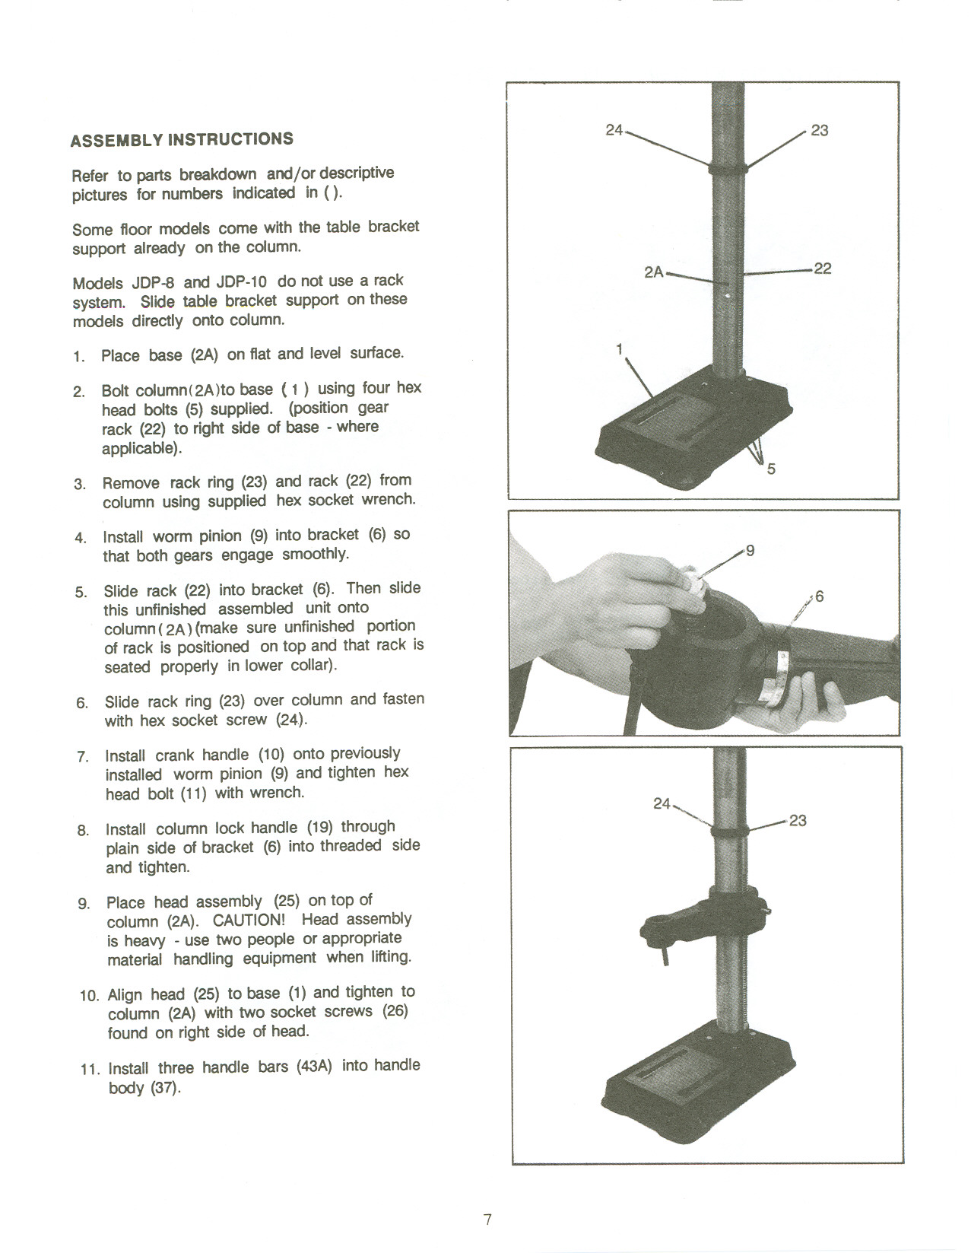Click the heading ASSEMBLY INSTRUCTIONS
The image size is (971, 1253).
[181, 139]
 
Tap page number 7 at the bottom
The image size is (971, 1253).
[487, 1220]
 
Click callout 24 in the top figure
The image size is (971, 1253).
[614, 130]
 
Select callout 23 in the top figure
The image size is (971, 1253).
[819, 130]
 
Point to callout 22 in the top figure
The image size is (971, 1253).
[822, 269]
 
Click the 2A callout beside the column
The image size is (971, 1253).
[654, 272]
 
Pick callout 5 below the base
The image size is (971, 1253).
[771, 469]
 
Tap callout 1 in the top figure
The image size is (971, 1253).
[620, 348]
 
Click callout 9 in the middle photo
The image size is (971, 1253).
[750, 550]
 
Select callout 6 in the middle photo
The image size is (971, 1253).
[819, 596]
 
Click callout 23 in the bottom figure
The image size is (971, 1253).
[798, 820]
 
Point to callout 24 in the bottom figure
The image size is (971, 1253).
[662, 803]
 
